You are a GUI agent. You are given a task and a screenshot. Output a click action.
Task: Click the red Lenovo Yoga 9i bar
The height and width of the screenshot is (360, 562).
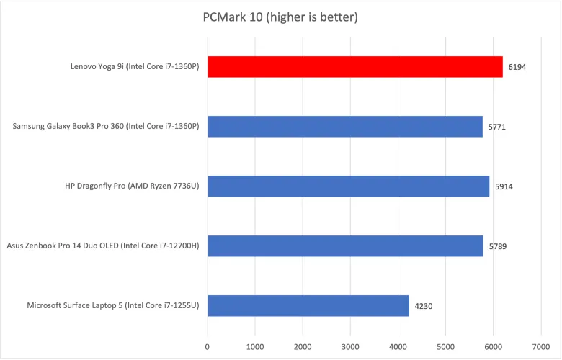coord(354,67)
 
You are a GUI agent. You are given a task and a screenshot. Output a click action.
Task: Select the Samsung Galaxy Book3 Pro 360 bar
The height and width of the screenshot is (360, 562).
coord(344,127)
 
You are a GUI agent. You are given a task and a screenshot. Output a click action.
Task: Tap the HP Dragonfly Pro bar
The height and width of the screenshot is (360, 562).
coord(348,186)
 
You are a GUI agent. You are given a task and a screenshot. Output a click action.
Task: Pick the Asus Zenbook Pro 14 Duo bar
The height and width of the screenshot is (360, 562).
coord(345,246)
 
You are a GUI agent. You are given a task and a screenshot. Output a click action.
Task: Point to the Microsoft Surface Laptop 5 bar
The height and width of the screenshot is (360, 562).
coord(308,306)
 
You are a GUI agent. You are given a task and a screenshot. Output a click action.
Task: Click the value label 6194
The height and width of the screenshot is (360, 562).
coord(517,67)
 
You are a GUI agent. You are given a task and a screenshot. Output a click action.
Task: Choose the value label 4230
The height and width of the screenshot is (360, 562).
coord(424,306)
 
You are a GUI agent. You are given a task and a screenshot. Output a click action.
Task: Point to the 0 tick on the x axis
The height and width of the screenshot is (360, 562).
coord(208,346)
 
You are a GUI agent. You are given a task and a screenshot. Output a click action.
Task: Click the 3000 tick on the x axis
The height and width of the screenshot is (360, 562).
coord(350,346)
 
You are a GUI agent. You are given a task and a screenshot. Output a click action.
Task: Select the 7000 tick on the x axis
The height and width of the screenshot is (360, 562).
coord(540,346)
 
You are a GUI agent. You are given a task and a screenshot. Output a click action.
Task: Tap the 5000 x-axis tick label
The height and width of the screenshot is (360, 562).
coord(445,346)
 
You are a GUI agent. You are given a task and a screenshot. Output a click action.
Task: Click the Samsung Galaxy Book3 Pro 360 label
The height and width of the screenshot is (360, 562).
coord(105,127)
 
